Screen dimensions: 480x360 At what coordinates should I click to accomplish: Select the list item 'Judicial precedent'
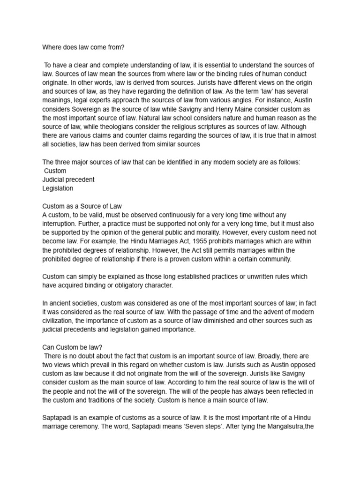click(x=68, y=180)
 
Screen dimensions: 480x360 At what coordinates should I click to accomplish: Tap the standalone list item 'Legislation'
click(x=58, y=188)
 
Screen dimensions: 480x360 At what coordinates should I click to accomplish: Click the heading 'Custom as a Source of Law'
click(x=82, y=206)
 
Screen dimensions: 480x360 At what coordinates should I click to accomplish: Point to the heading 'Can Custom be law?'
click(x=72, y=347)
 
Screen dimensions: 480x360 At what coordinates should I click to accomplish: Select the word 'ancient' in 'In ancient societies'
click(x=62, y=303)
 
